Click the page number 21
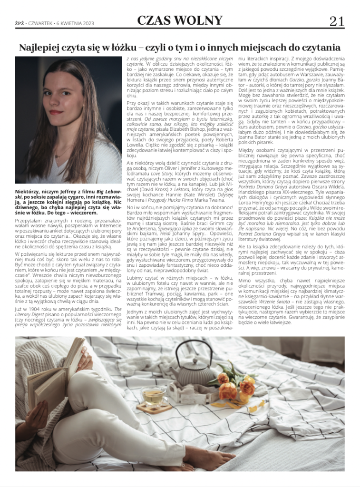click(x=337, y=21)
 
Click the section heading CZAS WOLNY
click(x=180, y=20)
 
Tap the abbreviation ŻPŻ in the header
click(x=19, y=23)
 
